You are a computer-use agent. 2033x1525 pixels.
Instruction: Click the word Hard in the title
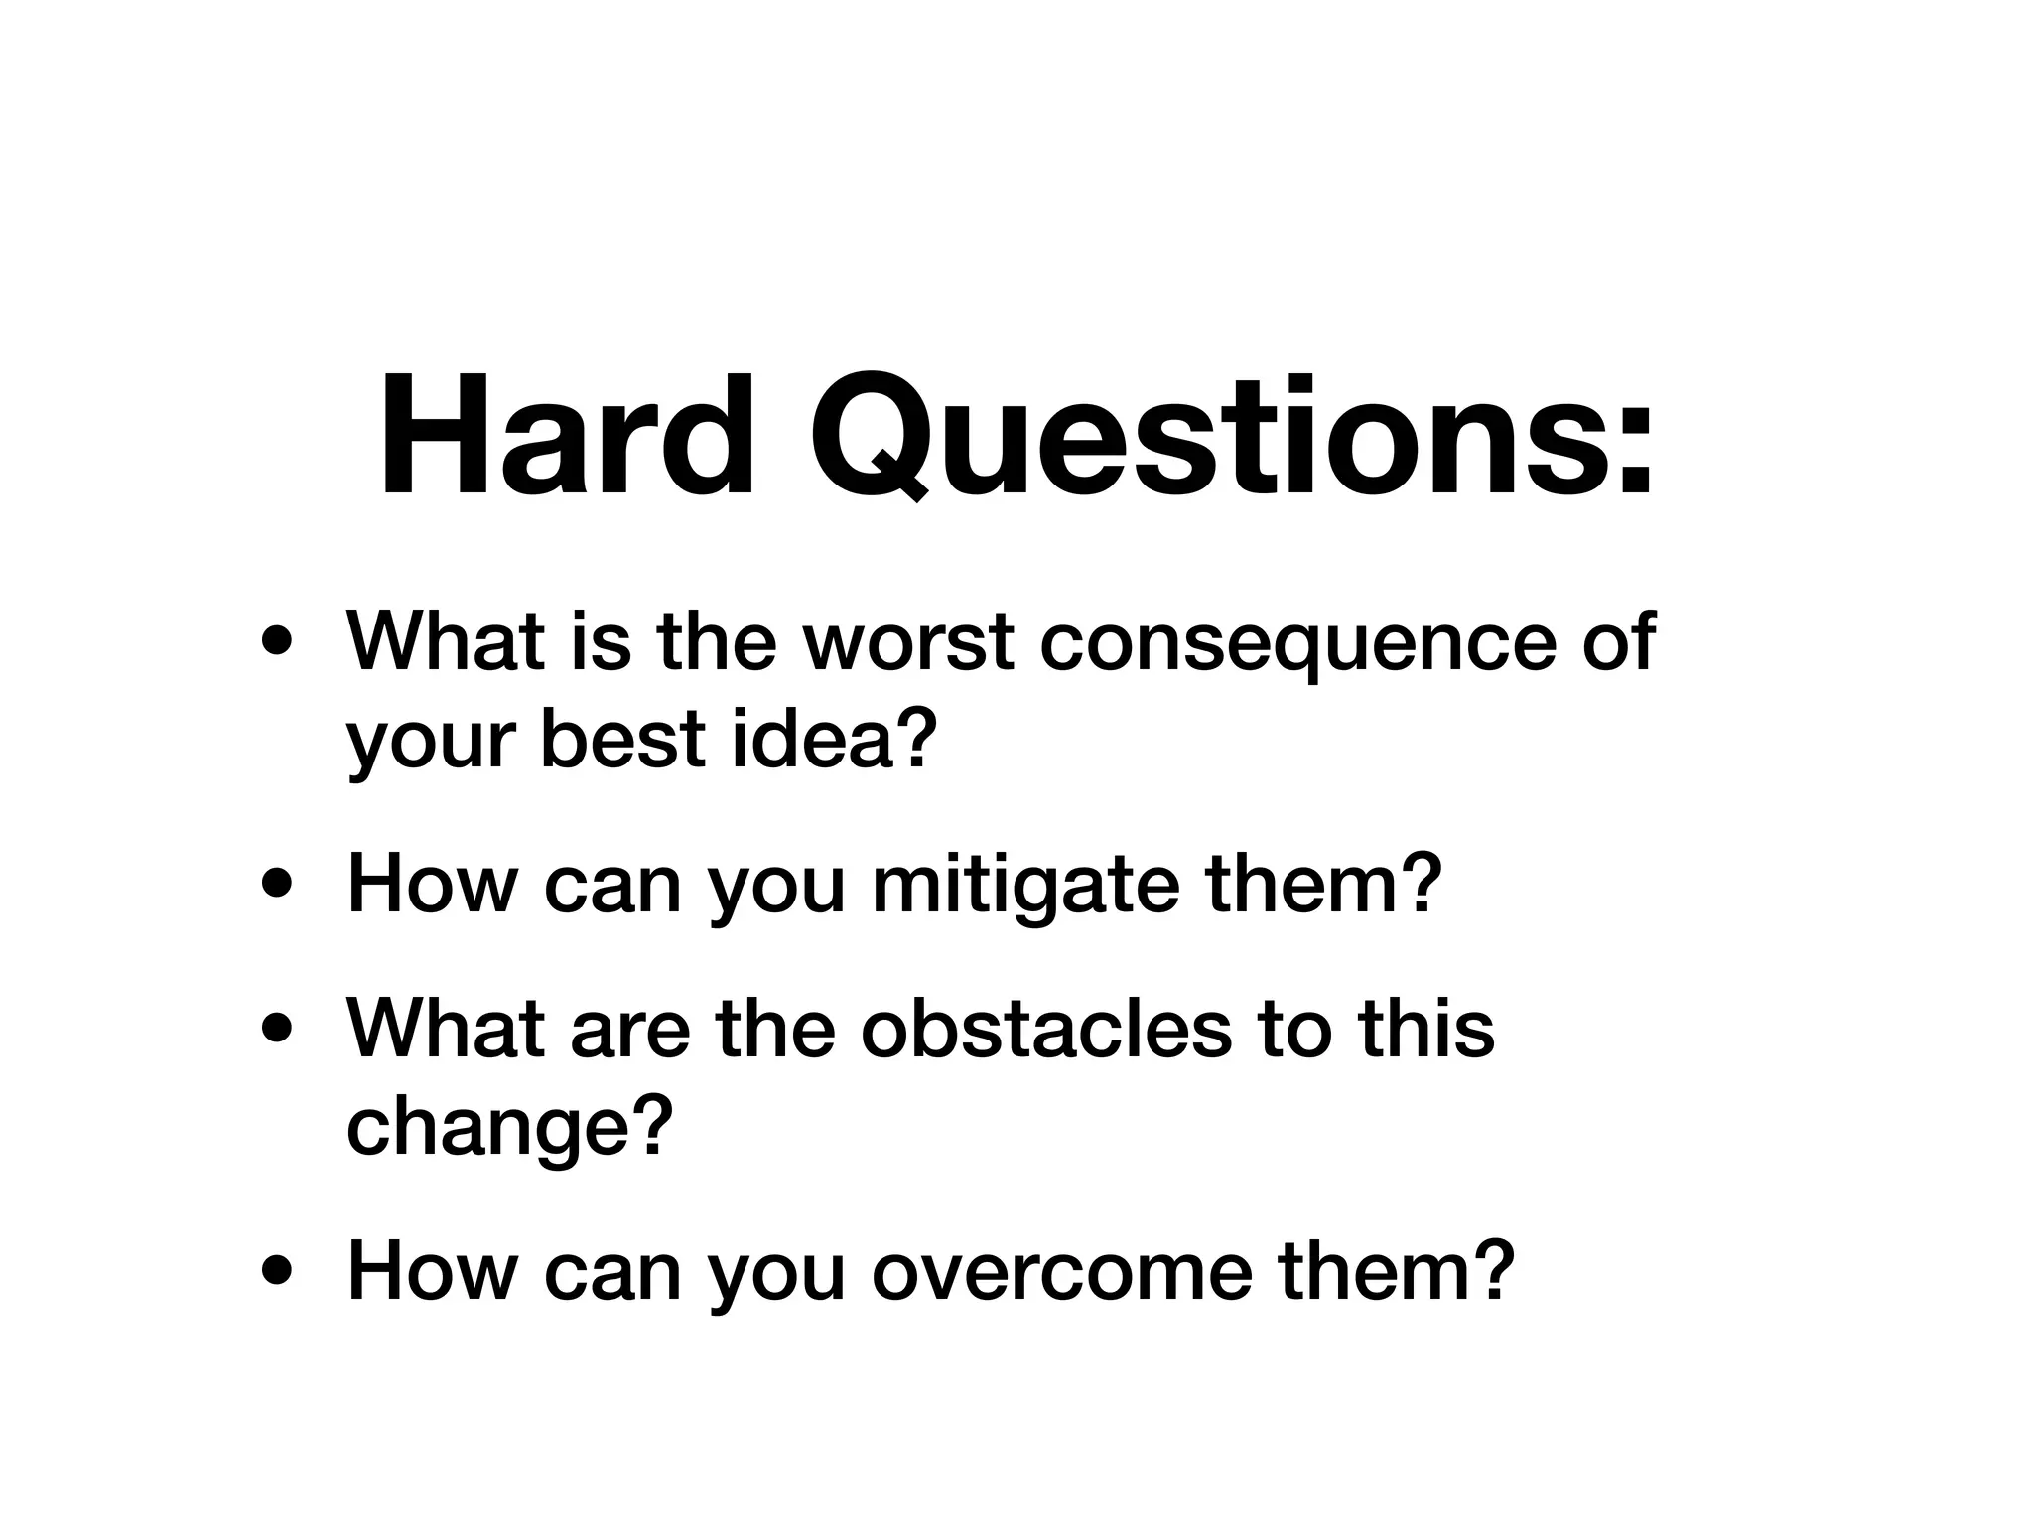tap(567, 437)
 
